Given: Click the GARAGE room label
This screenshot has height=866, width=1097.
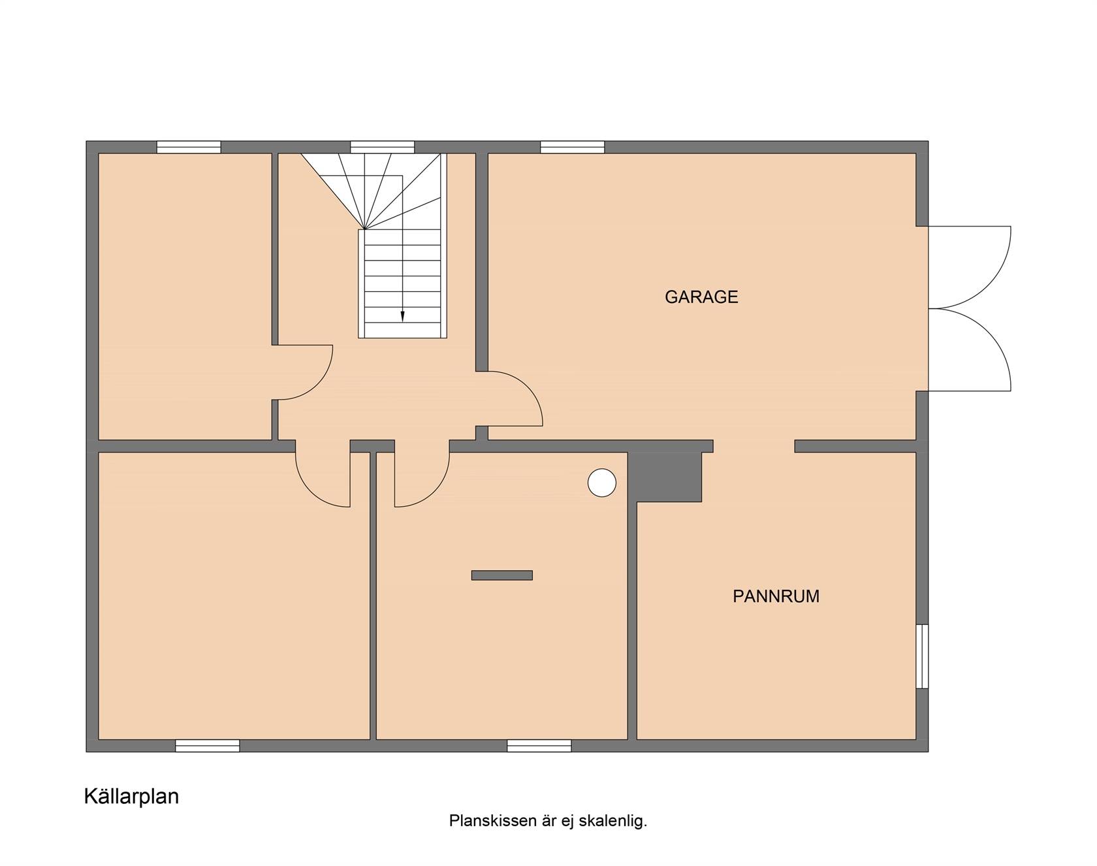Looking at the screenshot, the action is tap(701, 297).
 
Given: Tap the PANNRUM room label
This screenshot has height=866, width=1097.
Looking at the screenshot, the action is tap(776, 596).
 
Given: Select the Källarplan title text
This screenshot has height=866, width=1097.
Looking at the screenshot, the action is tap(131, 797).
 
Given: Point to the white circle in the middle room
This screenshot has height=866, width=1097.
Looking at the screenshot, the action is tap(602, 483).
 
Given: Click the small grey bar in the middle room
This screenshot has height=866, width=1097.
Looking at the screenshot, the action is tap(502, 575).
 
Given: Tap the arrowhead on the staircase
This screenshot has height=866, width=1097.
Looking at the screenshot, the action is tap(402, 316).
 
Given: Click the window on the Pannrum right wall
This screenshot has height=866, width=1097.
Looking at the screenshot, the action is tap(922, 656).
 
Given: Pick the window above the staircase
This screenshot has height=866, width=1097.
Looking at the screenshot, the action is tap(383, 147).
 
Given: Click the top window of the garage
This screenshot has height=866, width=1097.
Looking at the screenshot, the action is tap(573, 147).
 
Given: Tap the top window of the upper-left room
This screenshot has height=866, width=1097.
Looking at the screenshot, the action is tap(189, 147).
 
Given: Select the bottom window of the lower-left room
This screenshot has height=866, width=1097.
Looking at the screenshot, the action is tap(208, 746).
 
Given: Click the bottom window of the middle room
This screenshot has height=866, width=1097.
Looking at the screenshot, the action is tap(539, 746).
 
